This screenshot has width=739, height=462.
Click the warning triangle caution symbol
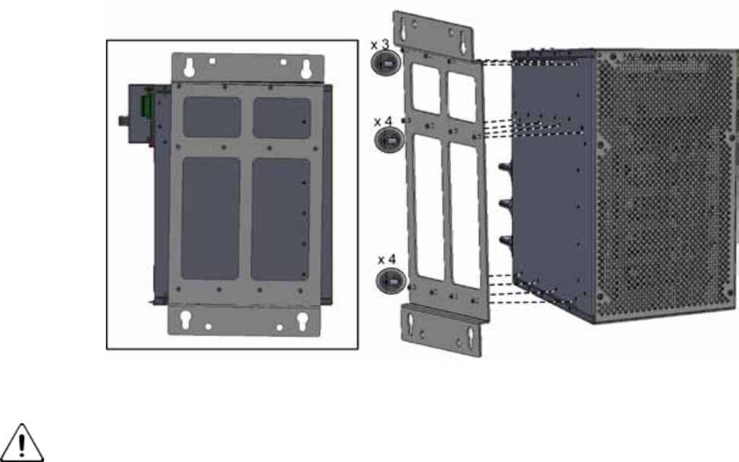(21, 443)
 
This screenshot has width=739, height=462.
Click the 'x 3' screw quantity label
(380, 45)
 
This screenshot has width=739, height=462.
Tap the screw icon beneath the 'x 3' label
(386, 62)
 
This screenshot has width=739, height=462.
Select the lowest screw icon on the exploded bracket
(391, 281)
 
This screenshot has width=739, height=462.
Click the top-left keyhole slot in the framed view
(189, 68)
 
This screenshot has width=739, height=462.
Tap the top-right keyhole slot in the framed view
(306, 69)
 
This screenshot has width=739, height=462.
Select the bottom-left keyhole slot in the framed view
(185, 320)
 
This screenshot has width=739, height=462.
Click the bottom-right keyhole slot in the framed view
(302, 321)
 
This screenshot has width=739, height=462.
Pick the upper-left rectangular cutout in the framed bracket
(212, 117)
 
